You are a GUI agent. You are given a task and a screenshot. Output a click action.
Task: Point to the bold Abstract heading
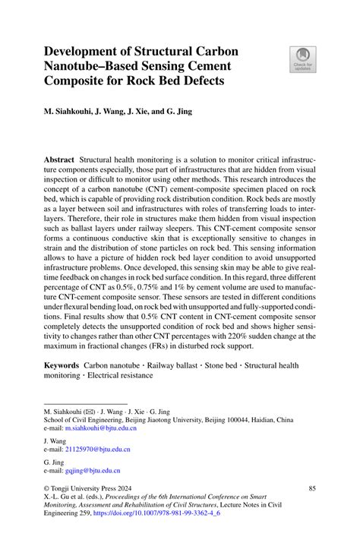click(x=58, y=162)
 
